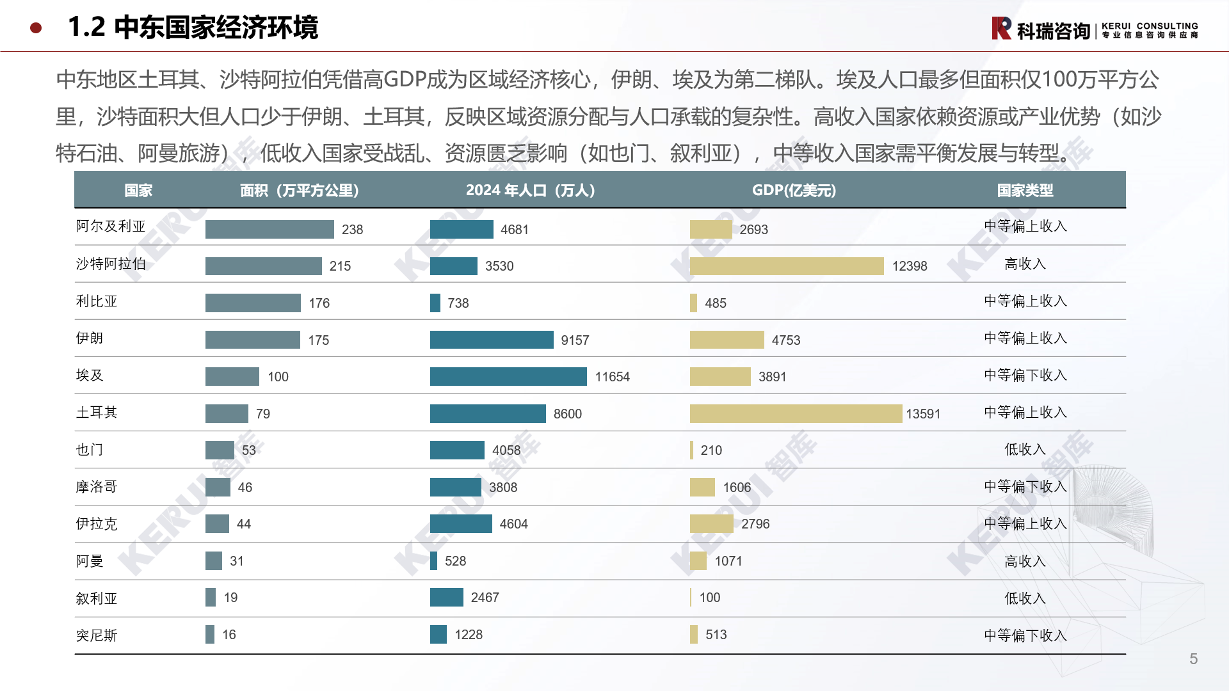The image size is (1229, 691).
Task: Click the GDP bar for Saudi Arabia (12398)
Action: coord(786,266)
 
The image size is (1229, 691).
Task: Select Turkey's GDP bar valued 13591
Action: coord(796,414)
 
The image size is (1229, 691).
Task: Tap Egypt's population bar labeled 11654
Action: coord(508,377)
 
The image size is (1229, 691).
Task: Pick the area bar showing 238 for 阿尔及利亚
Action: coord(269,229)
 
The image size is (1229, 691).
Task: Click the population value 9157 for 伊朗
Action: coord(575,340)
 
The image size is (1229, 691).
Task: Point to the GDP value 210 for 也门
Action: coord(711,450)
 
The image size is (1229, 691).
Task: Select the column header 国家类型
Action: coord(1025,191)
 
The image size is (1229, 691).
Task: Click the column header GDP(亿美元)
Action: coord(794,191)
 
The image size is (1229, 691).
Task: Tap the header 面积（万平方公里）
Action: coord(299,191)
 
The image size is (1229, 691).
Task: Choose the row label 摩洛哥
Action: coord(97,487)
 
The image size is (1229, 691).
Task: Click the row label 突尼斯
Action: coord(97,635)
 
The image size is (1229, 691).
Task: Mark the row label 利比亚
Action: coord(97,301)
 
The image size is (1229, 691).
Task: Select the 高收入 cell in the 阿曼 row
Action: coord(1025,561)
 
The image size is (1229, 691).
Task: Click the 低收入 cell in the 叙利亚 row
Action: coord(1025,598)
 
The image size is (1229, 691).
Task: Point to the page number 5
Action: coord(1193,659)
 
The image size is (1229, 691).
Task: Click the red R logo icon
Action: coord(1001,29)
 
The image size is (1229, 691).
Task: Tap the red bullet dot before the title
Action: coord(36,28)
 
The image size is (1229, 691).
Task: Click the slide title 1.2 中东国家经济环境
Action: coord(193,28)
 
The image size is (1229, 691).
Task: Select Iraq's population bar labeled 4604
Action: coord(461,524)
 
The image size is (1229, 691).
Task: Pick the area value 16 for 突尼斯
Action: coord(229,635)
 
